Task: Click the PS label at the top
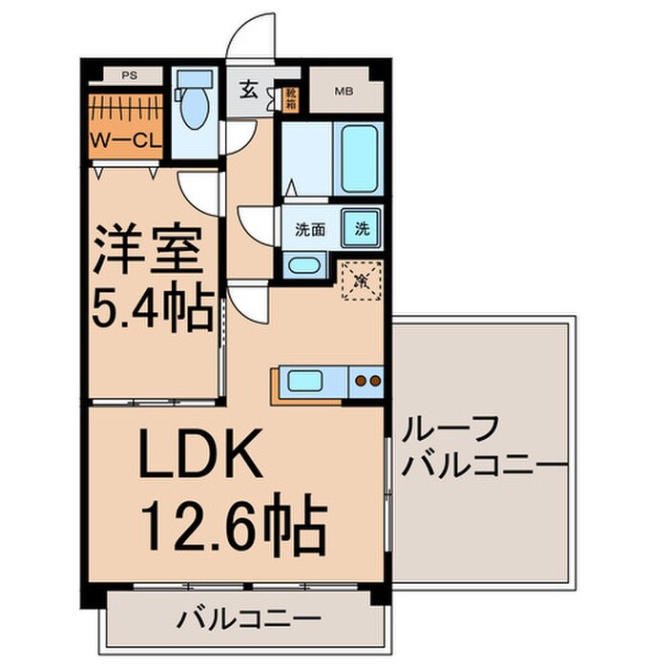point(127,73)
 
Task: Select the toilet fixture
point(195,106)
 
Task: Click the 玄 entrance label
point(248,92)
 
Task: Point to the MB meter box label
point(342,92)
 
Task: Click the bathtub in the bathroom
point(361,157)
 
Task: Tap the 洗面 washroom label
point(309,229)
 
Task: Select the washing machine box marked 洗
point(363,229)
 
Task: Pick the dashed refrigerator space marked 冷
point(362,281)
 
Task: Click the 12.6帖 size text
point(235,522)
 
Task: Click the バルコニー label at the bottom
point(248,619)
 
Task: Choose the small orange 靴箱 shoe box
point(291,98)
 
